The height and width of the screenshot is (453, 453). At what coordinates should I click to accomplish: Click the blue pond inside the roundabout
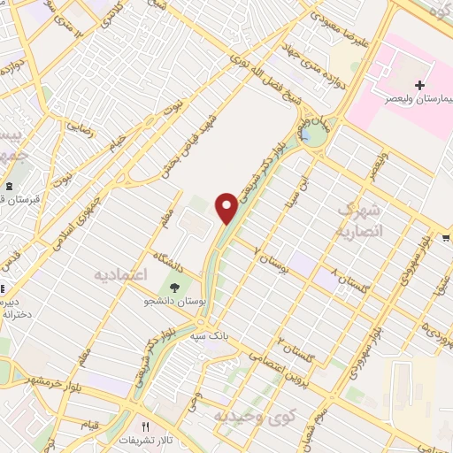pyautogui.click(x=311, y=134)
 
